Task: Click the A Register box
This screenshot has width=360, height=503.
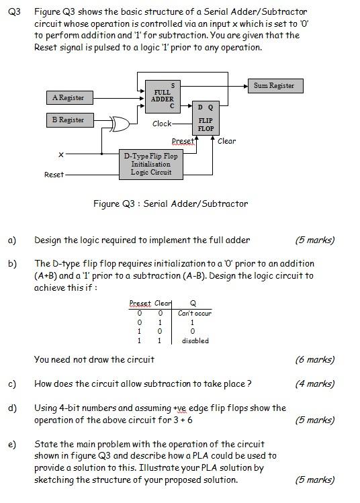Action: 68,98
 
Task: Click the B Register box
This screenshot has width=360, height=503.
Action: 68,120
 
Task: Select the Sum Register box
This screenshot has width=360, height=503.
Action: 273,85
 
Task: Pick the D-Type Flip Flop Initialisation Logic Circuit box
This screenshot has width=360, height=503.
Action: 151,164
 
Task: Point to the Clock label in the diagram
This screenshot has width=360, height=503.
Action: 162,124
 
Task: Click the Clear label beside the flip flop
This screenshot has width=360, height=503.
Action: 227,141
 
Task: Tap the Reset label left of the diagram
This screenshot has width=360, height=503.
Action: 54,175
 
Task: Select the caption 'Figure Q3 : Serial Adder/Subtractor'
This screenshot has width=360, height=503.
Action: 171,203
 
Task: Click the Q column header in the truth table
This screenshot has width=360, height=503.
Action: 193,304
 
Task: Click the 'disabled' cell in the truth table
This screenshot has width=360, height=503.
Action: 195,340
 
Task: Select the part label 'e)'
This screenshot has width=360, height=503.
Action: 12,444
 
